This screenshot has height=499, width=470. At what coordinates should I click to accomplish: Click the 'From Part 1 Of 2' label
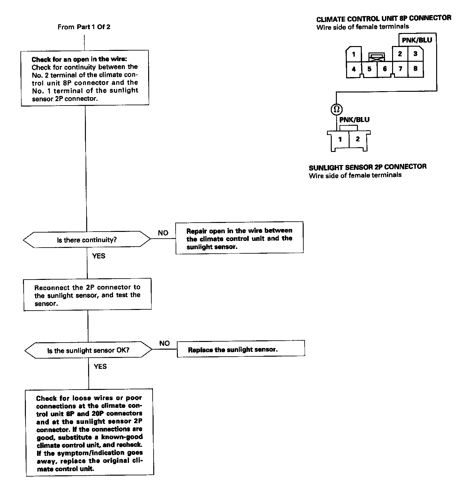coord(84,27)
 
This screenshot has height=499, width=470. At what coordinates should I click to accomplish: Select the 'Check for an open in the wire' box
coord(85,78)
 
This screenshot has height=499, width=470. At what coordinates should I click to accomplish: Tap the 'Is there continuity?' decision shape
coord(87,240)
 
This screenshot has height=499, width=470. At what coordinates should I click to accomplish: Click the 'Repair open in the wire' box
coord(239,238)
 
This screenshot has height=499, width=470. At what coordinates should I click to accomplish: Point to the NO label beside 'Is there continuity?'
coord(163,233)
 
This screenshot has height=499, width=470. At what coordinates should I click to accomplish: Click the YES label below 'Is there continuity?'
coord(99,256)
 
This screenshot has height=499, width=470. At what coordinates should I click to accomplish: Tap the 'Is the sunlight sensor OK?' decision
coord(88,350)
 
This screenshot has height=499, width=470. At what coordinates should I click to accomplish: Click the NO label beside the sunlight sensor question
coord(164,343)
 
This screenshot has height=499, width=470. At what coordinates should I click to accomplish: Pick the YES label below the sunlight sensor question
coord(100,366)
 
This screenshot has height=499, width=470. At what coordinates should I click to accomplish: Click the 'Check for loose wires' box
coord(89,433)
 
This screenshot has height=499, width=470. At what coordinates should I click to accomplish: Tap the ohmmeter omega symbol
coord(336,110)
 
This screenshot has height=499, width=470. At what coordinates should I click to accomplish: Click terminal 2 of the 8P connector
coord(400,54)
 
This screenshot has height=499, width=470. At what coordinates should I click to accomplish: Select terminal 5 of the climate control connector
coord(369,69)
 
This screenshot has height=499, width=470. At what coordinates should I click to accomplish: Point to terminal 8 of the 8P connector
coord(415,68)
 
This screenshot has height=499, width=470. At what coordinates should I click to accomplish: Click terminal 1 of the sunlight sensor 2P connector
coord(340,139)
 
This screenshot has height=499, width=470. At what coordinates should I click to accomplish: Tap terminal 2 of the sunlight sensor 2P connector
coord(358,139)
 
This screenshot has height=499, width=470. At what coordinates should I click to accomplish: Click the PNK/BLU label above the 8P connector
coord(417,40)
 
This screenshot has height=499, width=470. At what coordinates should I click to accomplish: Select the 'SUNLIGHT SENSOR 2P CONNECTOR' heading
coord(368,167)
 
